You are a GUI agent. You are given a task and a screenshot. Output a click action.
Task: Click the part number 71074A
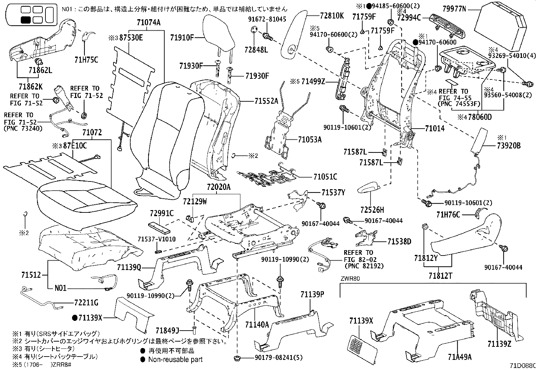148,23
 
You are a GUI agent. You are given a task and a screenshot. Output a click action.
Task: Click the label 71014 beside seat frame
434,129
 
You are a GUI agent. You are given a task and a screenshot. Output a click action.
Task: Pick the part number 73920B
508,146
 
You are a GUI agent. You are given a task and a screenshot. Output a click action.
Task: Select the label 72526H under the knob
372,210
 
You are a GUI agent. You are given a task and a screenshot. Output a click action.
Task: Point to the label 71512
32,275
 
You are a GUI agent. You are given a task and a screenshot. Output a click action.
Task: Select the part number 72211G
86,303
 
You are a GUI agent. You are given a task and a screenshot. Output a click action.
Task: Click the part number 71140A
257,324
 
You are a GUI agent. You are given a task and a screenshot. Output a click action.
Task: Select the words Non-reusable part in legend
175,360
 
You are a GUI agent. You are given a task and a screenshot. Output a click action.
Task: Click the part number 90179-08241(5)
275,358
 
